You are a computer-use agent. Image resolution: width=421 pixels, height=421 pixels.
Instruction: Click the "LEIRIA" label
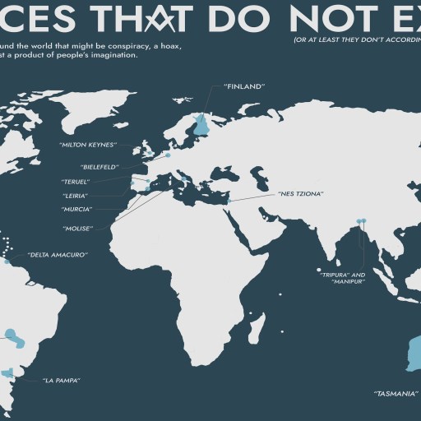pos(75,195)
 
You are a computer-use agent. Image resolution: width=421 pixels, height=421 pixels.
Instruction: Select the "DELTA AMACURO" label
pos(57,255)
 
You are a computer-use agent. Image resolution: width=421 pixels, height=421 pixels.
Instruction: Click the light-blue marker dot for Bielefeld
pos(167,155)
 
